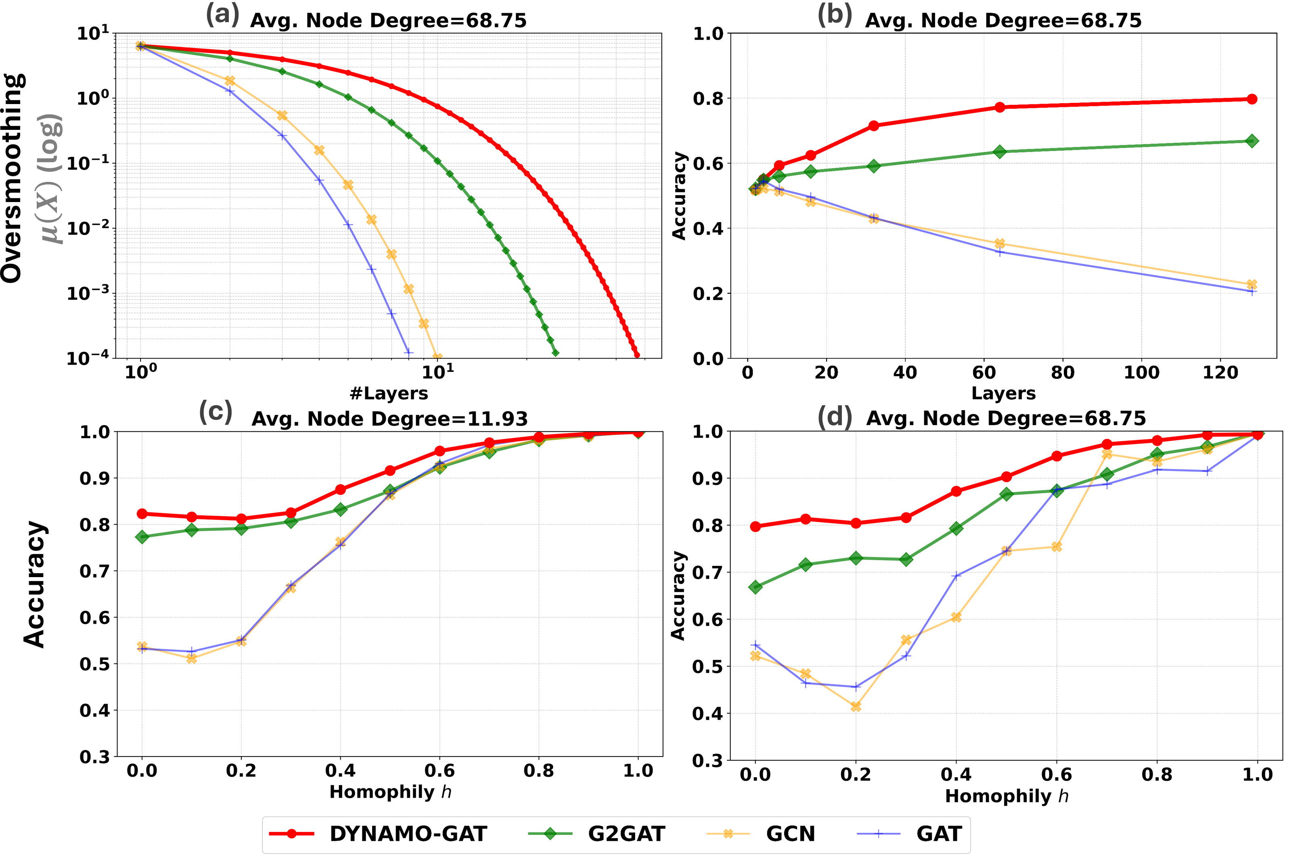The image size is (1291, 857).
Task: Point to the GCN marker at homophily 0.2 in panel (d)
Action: pyautogui.click(x=856, y=707)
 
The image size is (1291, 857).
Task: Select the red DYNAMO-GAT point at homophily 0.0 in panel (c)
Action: pyautogui.click(x=142, y=514)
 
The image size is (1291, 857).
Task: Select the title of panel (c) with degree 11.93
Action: pyautogui.click(x=389, y=419)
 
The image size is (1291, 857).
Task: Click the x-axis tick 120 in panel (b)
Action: pyautogui.click(x=1220, y=373)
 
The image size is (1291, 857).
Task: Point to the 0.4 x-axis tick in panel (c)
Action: pyautogui.click(x=340, y=771)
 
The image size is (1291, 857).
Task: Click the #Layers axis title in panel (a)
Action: pyautogui.click(x=388, y=394)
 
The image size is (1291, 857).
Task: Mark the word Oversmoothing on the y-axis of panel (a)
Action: pyautogui.click(x=12, y=177)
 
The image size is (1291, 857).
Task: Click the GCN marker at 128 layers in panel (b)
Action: pyautogui.click(x=1251, y=284)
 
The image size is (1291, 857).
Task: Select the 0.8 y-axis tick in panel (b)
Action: pyautogui.click(x=708, y=98)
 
